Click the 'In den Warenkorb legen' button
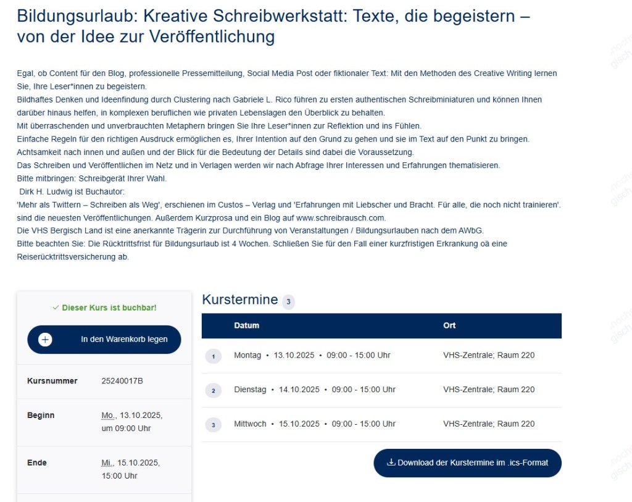pos(104,340)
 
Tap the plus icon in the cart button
pos(45,340)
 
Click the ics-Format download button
pos(467,462)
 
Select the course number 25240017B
pos(122,381)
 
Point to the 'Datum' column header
pos(246,325)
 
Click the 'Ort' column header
pos(449,325)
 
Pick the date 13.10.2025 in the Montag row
pos(294,355)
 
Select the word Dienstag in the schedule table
pos(250,390)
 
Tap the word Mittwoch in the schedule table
pos(250,424)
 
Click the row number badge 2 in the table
pos(212,390)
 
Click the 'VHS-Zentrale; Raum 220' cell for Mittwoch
pos(489,424)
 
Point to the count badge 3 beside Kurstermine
pos(288,302)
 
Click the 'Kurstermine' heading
pos(240,300)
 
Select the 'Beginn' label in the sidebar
pos(41,416)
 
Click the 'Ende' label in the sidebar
pos(36,463)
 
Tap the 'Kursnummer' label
pos(52,381)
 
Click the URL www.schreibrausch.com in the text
pos(341,217)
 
